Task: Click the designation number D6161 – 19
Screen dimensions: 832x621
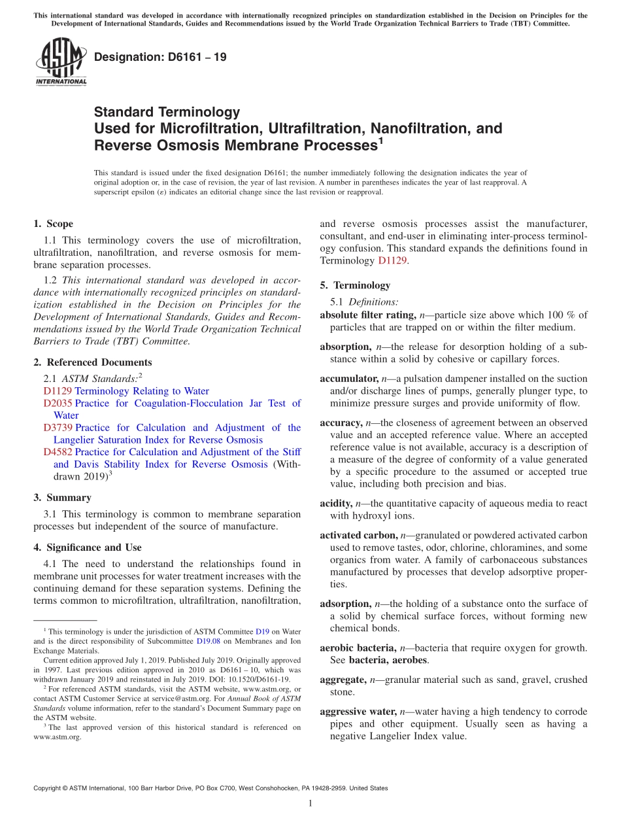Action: pyautogui.click(x=160, y=57)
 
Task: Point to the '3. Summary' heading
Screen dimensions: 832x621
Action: pyautogui.click(x=62, y=498)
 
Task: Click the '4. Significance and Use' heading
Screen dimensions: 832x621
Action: pyautogui.click(x=87, y=547)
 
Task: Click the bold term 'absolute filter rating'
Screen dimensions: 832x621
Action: pyautogui.click(x=367, y=315)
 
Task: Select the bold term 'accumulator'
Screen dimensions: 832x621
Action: pyautogui.click(x=348, y=379)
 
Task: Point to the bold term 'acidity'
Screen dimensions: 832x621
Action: pyautogui.click(x=336, y=504)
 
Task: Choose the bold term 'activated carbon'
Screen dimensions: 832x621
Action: pyautogui.click(x=358, y=535)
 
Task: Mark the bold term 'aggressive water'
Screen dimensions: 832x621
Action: pyautogui.click(x=358, y=712)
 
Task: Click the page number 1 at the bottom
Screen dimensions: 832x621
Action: pyautogui.click(x=310, y=803)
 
